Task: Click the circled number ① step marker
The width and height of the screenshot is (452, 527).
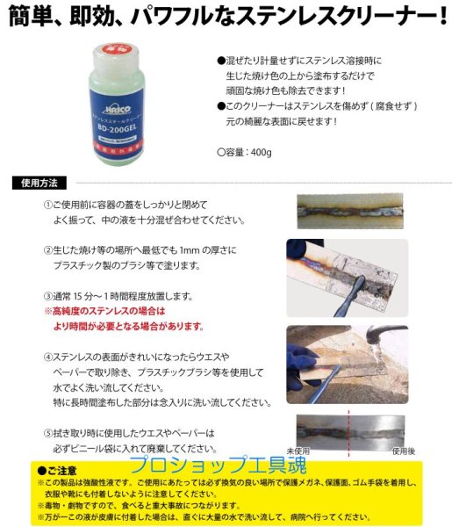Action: [x=48, y=205]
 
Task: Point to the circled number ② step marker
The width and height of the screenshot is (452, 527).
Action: [x=48, y=249]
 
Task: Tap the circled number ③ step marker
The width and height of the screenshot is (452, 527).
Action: [x=48, y=296]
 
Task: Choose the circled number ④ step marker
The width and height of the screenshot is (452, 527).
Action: [x=48, y=357]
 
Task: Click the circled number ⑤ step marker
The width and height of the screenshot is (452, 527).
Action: [x=48, y=433]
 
